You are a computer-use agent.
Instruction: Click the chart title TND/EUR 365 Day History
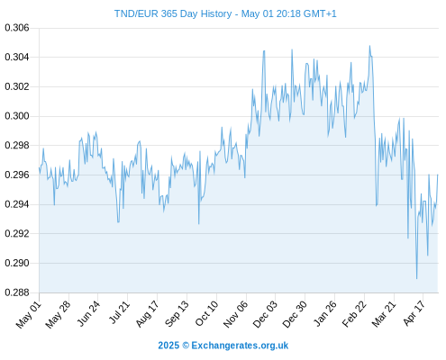tap(173, 13)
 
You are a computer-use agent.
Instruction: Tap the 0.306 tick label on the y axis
tap(17, 28)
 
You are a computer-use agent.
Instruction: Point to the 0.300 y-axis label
tap(17, 116)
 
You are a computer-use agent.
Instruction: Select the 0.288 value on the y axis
tap(17, 292)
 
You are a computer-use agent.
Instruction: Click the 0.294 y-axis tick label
tap(17, 204)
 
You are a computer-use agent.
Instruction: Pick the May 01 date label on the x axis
tap(29, 314)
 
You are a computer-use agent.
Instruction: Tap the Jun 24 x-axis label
tap(88, 313)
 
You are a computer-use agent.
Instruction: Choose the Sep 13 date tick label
tap(177, 313)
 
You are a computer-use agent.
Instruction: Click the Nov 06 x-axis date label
tap(236, 314)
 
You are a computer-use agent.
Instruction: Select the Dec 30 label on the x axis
tap(295, 314)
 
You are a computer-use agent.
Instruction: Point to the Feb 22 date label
tap(354, 314)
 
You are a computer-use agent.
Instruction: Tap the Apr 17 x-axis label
tap(414, 313)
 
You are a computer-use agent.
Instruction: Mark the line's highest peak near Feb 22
tap(369, 46)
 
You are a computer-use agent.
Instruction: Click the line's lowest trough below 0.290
tap(416, 278)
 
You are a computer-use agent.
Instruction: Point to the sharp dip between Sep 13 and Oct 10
tap(199, 224)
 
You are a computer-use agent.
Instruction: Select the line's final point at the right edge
tap(438, 175)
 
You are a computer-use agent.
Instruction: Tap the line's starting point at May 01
tap(39, 168)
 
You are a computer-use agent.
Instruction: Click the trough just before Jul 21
tap(118, 222)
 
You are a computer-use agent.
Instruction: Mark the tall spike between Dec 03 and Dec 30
tap(292, 49)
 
